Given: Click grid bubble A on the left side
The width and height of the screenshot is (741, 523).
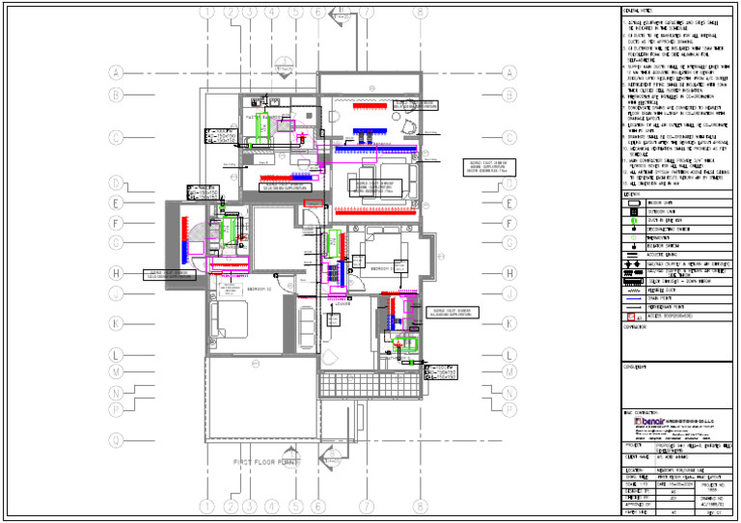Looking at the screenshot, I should [x=116, y=72].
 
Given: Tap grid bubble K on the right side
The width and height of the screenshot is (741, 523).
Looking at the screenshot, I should [x=508, y=324].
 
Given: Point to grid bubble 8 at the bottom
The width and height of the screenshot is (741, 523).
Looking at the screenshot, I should [x=420, y=505].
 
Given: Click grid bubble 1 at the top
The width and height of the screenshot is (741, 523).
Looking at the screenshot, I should [x=206, y=13].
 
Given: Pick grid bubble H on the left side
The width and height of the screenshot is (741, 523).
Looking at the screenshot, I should [x=116, y=273].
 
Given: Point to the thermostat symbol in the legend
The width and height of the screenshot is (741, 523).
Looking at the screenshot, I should [x=633, y=236].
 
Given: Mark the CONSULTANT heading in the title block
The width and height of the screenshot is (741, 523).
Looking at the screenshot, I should [x=638, y=367].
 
